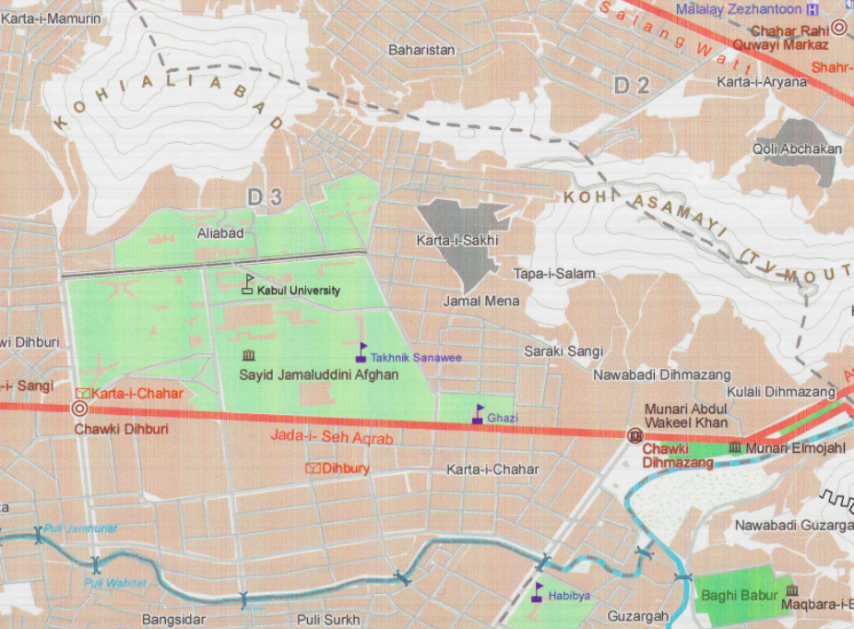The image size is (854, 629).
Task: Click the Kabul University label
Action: pos(298,291)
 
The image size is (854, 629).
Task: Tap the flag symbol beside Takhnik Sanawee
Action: pos(362,352)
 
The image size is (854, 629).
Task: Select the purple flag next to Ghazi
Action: pos(478,414)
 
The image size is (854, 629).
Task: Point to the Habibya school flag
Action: pos(539,591)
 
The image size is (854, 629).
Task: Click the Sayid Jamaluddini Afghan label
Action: pos(318,374)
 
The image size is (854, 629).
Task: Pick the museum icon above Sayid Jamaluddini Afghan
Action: pos(247,356)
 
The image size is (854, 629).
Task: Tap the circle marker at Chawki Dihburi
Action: pos(80,409)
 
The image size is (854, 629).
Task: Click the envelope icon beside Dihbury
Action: pos(313,469)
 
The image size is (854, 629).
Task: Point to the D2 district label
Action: pos(633,87)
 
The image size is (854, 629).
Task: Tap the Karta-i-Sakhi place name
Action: pos(457,241)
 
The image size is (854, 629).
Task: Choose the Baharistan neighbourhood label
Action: pos(422,50)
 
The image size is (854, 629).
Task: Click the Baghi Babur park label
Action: pos(739,595)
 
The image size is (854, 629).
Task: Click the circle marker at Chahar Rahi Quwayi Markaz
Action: pos(839,28)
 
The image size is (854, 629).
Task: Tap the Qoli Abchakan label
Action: pos(798,149)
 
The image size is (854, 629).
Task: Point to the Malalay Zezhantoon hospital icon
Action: pos(812,9)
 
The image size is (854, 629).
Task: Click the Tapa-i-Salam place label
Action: pos(554,274)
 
